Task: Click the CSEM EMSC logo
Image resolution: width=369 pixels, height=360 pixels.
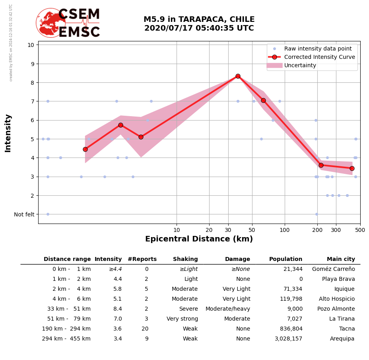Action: pyautogui.click(x=68, y=23)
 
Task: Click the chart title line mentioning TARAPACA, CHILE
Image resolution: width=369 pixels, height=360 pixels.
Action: pyautogui.click(x=199, y=19)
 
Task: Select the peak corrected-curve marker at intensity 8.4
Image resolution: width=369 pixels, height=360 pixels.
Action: pyautogui.click(x=238, y=76)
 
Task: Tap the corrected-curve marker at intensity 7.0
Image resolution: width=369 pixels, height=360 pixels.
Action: pyautogui.click(x=263, y=100)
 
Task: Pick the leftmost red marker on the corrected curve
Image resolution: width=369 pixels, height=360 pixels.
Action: pyautogui.click(x=85, y=149)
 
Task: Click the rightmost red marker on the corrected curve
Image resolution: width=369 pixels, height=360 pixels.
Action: pyautogui.click(x=352, y=168)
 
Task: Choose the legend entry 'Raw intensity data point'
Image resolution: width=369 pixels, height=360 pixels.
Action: pyautogui.click(x=318, y=49)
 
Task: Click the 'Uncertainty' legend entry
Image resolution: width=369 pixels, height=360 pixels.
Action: pyautogui.click(x=300, y=65)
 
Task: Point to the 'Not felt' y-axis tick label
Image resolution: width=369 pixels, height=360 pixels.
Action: pyautogui.click(x=24, y=214)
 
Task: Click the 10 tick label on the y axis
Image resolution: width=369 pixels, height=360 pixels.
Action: pyautogui.click(x=31, y=45)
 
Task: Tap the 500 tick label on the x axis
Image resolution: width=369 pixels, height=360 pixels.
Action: pyautogui.click(x=360, y=230)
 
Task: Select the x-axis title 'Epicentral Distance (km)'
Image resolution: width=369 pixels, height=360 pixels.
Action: pyautogui.click(x=199, y=239)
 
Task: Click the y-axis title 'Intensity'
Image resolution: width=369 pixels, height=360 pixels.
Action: pyautogui.click(x=8, y=133)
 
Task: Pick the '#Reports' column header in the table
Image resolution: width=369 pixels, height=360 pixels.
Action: pyautogui.click(x=142, y=259)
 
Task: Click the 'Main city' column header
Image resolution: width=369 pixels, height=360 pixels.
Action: pyautogui.click(x=341, y=259)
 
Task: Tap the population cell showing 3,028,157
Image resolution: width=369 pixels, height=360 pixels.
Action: pyautogui.click(x=288, y=339)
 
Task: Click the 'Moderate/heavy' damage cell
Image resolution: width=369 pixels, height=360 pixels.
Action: pyautogui.click(x=228, y=309)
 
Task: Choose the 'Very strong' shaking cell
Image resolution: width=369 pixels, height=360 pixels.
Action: pyautogui.click(x=182, y=319)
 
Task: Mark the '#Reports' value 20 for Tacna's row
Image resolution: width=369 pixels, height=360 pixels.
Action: pyautogui.click(x=145, y=329)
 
